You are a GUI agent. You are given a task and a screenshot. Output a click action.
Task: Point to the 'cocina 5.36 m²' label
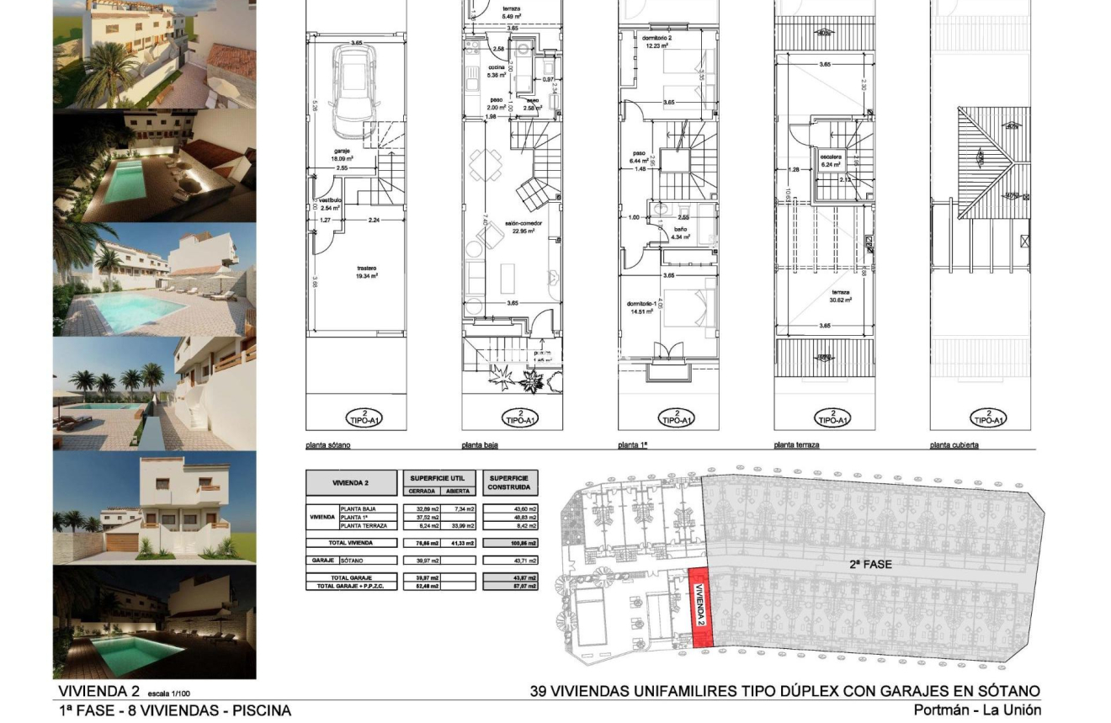pyautogui.click(x=497, y=71)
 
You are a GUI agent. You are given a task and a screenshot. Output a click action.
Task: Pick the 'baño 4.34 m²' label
pyautogui.click(x=679, y=233)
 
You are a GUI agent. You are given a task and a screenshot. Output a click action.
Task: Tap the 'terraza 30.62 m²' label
pyautogui.click(x=839, y=295)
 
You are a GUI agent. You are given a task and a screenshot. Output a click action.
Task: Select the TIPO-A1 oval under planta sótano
pyautogui.click(x=364, y=417)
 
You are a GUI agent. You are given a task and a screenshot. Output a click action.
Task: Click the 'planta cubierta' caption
pyautogui.click(x=954, y=445)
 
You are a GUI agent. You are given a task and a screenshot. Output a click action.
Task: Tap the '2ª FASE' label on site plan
pyautogui.click(x=870, y=564)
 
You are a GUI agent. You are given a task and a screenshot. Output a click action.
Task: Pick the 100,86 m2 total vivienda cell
pyautogui.click(x=510, y=544)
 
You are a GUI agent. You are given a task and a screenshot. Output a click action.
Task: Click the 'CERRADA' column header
pyautogui.click(x=422, y=491)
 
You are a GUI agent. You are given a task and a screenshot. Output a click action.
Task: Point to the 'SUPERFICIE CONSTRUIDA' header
pyautogui.click(x=509, y=482)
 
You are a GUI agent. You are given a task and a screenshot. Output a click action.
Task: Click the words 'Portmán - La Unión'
pyautogui.click(x=976, y=710)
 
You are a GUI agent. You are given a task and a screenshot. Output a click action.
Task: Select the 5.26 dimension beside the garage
pyautogui.click(x=314, y=107)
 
